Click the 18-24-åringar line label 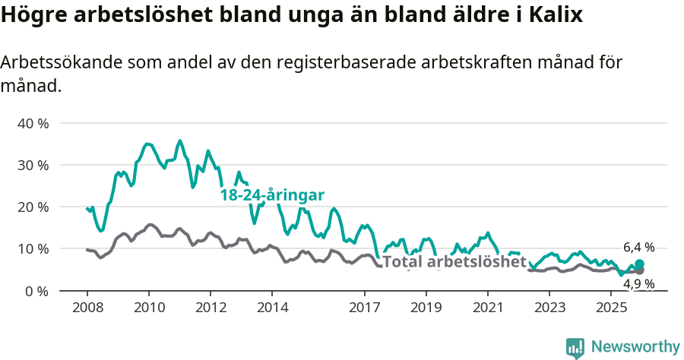(x=273, y=194)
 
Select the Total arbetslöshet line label (x=454, y=262)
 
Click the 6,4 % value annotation (x=638, y=248)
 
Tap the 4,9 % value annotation (x=638, y=284)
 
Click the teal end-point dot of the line (x=639, y=264)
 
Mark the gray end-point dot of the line (x=639, y=270)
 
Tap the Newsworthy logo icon (x=575, y=347)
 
